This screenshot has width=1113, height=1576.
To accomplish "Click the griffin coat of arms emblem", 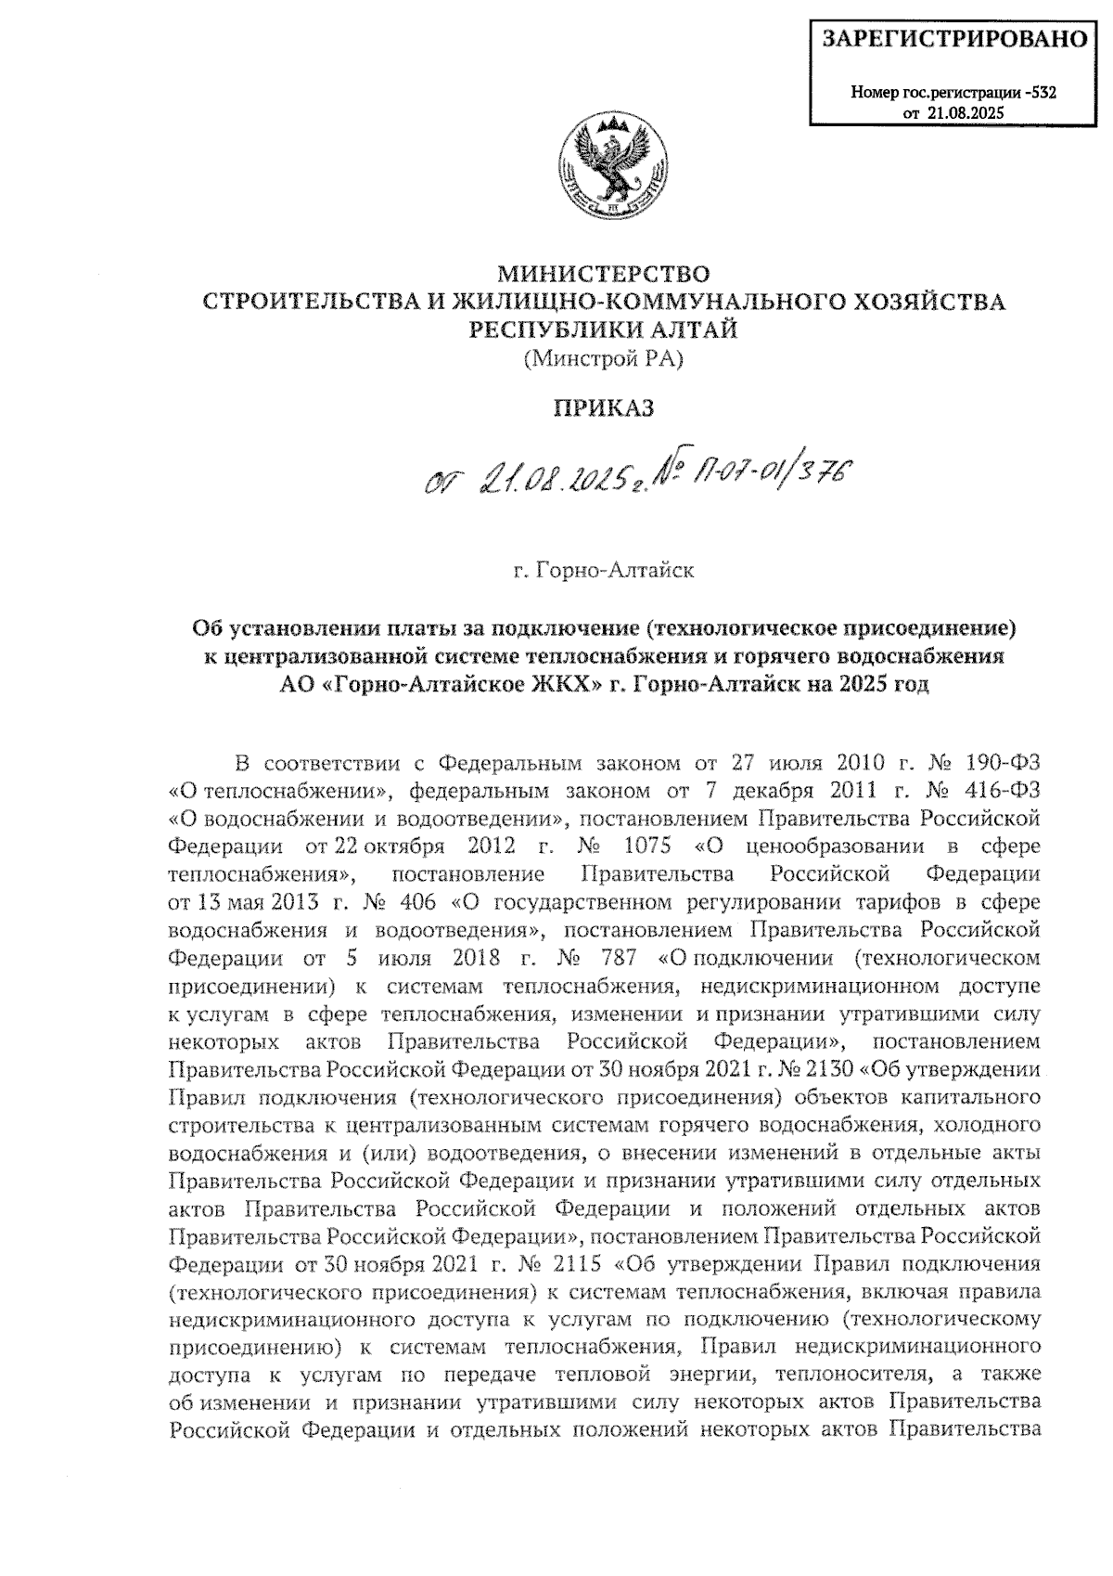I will click(x=604, y=164).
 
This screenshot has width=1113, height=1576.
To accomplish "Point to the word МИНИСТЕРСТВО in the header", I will click(x=604, y=275).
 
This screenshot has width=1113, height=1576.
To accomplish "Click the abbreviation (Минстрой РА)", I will click(x=603, y=358).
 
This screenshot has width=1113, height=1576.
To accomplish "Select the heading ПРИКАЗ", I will click(x=604, y=407).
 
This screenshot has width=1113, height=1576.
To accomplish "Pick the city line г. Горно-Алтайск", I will click(x=604, y=571).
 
